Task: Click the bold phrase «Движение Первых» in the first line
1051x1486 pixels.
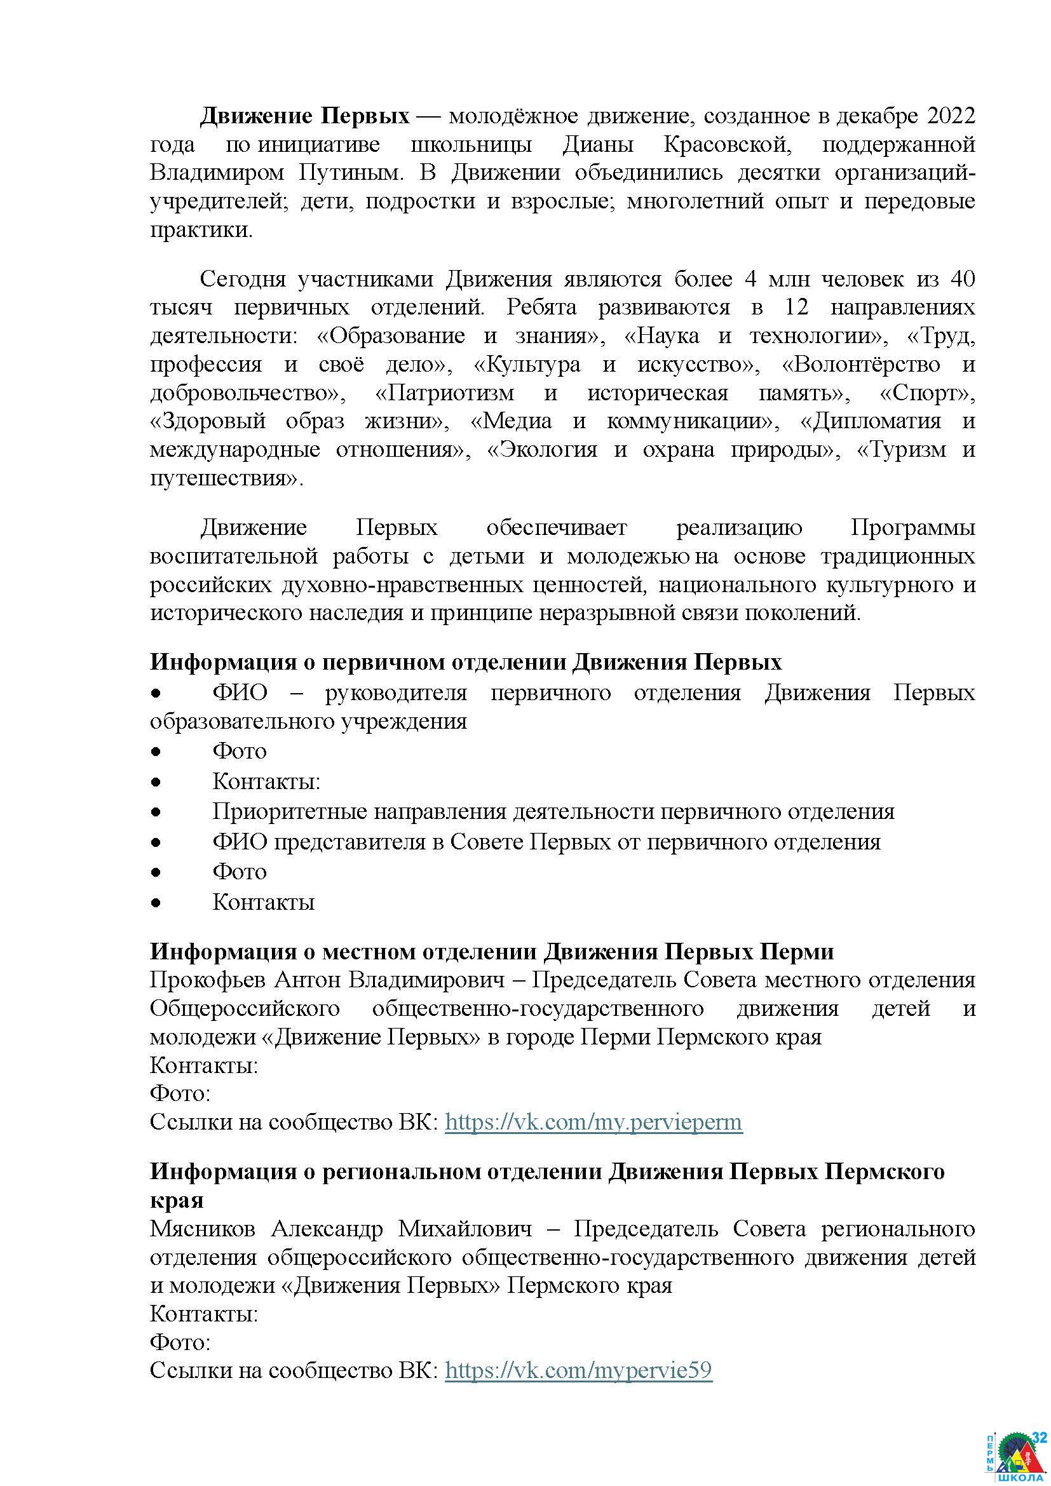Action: point(304,116)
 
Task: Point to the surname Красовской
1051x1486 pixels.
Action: point(727,145)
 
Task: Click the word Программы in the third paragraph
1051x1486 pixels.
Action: point(912,527)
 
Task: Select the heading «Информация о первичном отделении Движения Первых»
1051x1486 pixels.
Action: point(466,662)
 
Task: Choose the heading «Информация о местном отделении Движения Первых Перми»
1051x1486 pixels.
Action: point(492,952)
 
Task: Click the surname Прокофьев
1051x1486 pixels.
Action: point(207,980)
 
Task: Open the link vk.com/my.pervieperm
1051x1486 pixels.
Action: point(593,1121)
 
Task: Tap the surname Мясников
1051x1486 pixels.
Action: point(203,1229)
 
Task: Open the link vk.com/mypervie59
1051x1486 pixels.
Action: point(579,1370)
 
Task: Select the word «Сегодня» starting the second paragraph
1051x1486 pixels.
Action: point(243,280)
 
